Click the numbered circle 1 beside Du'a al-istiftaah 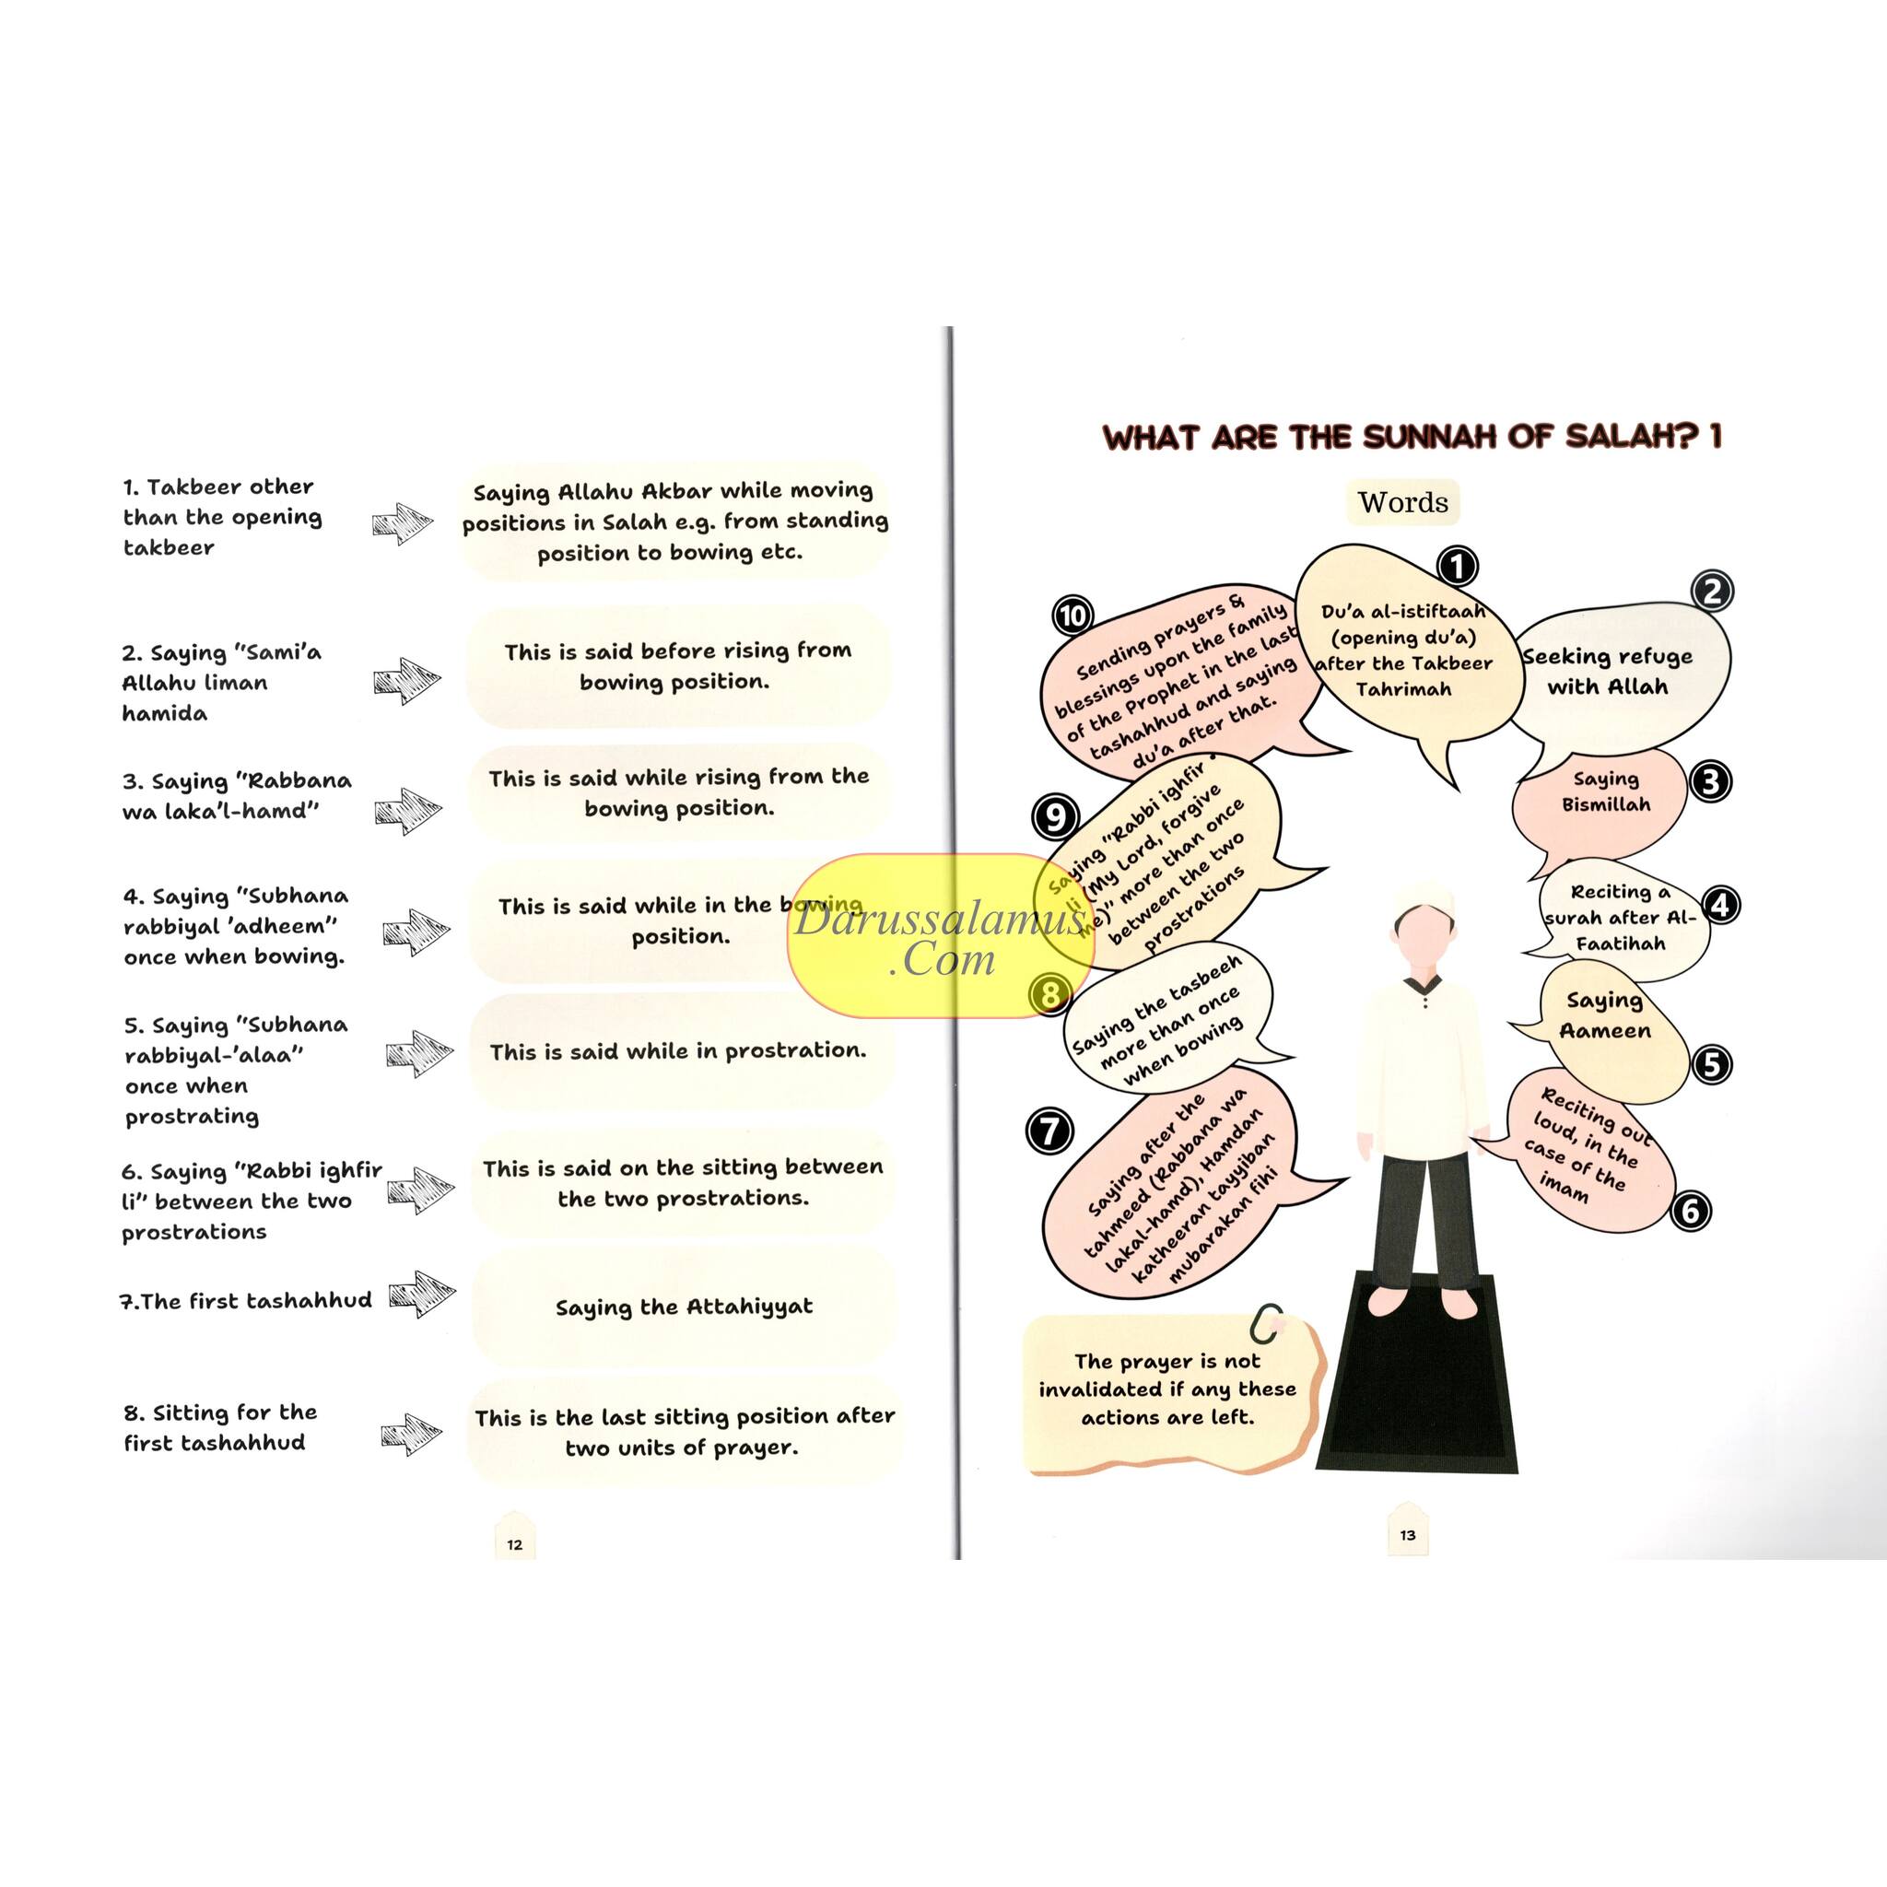[x=1457, y=566]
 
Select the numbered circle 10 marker [x=1072, y=616]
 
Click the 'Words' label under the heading [x=1402, y=502]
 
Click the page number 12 [x=515, y=1544]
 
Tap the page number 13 [x=1408, y=1534]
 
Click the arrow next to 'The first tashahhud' [x=422, y=1295]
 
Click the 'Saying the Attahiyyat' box [x=684, y=1307]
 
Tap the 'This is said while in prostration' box [x=679, y=1052]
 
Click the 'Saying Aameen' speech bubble [x=1605, y=1015]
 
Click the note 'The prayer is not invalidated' [x=1167, y=1389]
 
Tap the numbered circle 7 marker [x=1050, y=1132]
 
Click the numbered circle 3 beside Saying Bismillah [x=1710, y=781]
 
